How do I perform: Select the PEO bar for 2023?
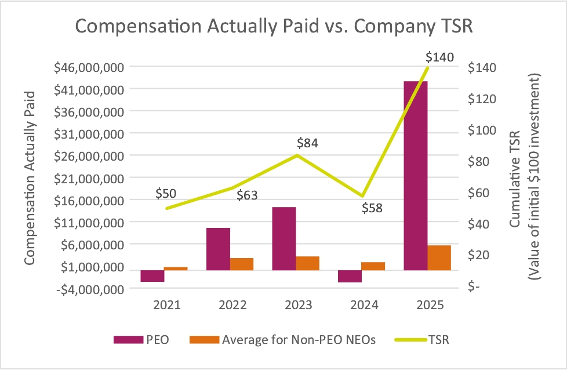tap(284, 238)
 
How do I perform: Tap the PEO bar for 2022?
tap(218, 249)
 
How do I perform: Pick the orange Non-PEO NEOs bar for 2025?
tap(439, 257)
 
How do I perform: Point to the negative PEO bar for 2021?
tap(152, 276)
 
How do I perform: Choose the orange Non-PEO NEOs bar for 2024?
tap(373, 266)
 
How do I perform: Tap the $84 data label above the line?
tap(308, 143)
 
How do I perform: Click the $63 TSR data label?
tap(247, 196)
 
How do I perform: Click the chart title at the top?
tap(282, 27)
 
